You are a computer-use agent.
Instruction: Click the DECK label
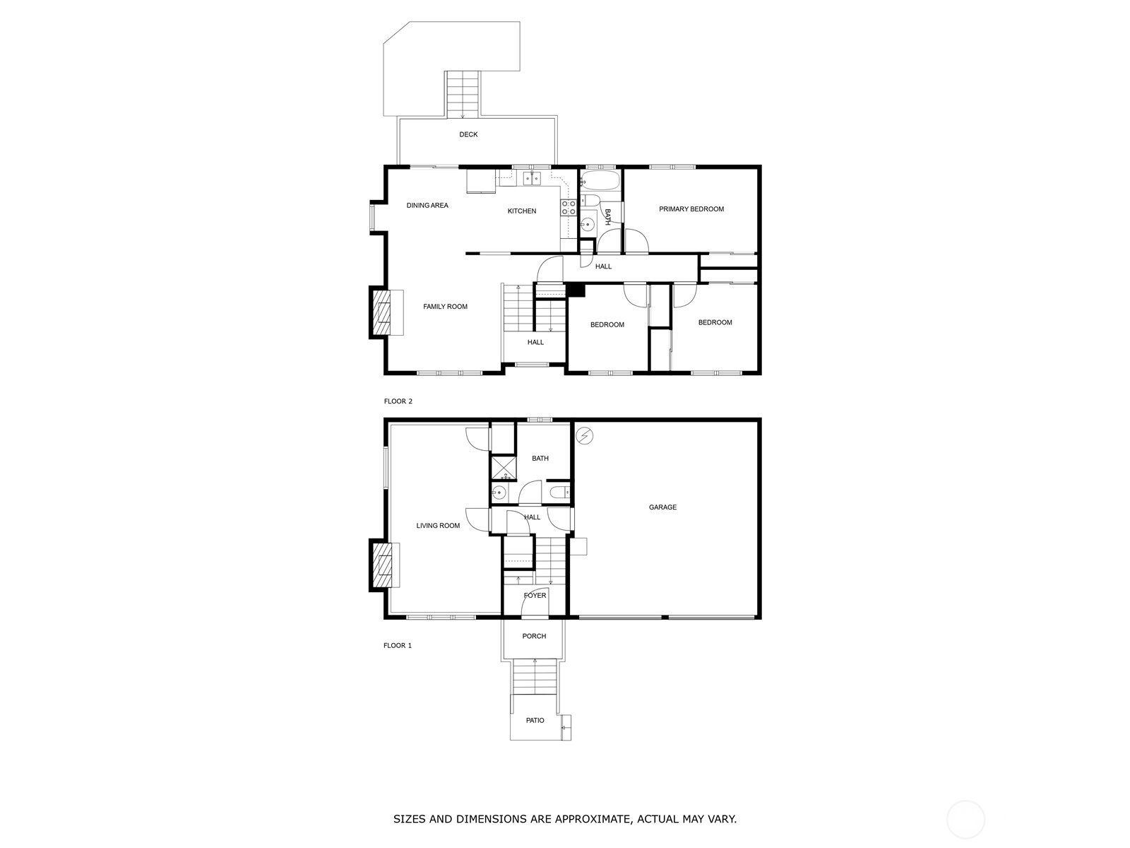coord(468,134)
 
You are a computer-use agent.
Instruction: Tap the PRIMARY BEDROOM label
coord(691,209)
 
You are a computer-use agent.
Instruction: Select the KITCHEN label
coord(521,211)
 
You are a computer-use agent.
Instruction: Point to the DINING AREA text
coord(427,206)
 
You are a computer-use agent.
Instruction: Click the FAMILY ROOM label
coord(446,307)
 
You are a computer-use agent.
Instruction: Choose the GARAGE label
coord(662,507)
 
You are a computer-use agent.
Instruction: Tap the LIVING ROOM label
coord(438,526)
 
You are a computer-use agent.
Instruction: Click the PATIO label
coord(535,721)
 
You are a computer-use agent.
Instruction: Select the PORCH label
coord(534,637)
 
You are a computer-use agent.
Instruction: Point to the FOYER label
coord(535,596)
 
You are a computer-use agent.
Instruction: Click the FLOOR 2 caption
coord(398,401)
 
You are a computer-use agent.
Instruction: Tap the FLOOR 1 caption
coord(398,646)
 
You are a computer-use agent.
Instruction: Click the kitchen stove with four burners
coord(569,208)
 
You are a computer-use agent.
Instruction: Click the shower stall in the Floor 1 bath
coord(503,468)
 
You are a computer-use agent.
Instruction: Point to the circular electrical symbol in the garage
coord(584,436)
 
